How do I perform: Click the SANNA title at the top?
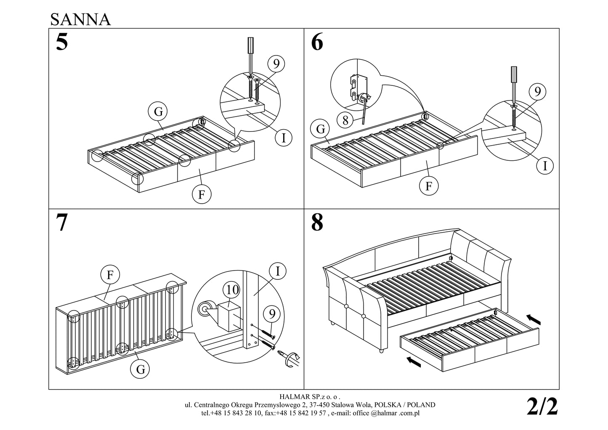(x=80, y=19)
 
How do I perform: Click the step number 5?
(x=61, y=42)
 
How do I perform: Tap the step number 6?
(x=317, y=42)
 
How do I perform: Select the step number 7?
(x=61, y=223)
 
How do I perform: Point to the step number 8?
(x=317, y=223)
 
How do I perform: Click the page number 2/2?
(x=542, y=407)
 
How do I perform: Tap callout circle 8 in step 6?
(x=345, y=121)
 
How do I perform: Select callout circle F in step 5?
(x=202, y=195)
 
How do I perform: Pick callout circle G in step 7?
(x=141, y=370)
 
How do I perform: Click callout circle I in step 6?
(x=545, y=166)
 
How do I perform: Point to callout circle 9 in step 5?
(x=276, y=64)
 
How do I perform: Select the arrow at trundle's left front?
(x=414, y=361)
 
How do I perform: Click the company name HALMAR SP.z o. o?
(x=310, y=396)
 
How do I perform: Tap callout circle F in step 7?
(x=110, y=275)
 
